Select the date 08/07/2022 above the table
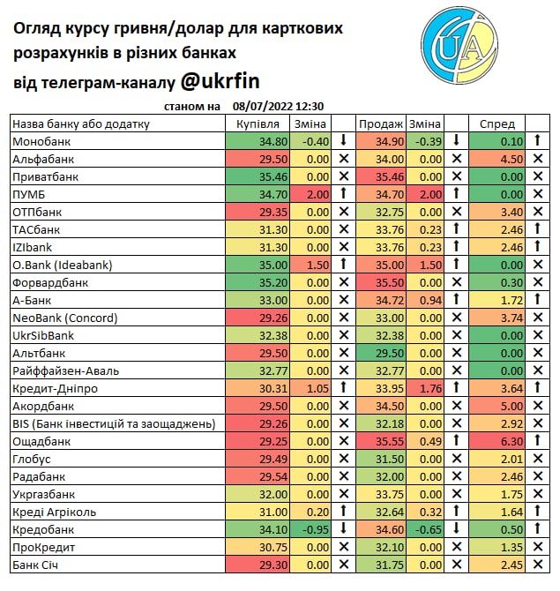263,107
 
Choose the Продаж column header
382,123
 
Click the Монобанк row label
41,141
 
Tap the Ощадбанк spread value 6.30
511,441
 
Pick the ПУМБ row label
28,194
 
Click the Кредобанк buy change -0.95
314,529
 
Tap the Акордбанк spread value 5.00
511,406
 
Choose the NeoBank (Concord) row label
65,318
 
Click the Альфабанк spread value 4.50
511,159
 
